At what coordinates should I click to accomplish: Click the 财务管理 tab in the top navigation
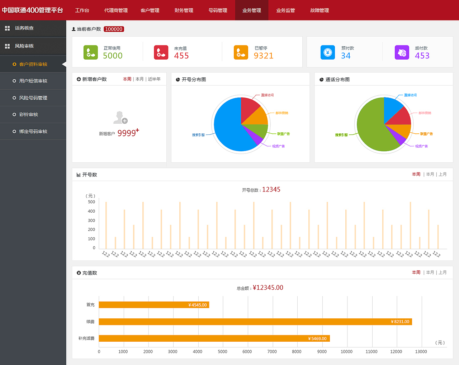point(184,10)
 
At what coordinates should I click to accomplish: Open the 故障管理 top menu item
point(319,10)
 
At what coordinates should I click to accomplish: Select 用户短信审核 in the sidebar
point(33,81)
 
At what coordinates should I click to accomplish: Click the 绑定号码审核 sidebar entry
point(33,132)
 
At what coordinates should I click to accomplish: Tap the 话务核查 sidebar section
point(24,28)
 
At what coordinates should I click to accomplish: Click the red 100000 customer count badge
point(114,29)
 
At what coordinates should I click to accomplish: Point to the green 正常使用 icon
point(90,52)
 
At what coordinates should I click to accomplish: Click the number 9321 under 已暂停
point(263,56)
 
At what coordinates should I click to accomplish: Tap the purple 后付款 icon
point(402,52)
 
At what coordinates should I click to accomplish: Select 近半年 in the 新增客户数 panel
point(154,79)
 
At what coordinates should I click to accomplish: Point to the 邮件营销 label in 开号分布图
point(282,113)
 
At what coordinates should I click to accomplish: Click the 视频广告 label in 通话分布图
point(421,146)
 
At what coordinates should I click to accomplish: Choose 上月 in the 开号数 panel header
point(443,174)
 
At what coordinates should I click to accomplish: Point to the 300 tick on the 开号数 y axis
point(91,221)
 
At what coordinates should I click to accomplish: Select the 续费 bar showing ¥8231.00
point(255,322)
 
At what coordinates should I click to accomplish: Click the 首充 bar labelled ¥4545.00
point(154,305)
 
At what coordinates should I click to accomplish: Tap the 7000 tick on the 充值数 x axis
point(272,352)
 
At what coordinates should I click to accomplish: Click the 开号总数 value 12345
point(271,190)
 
